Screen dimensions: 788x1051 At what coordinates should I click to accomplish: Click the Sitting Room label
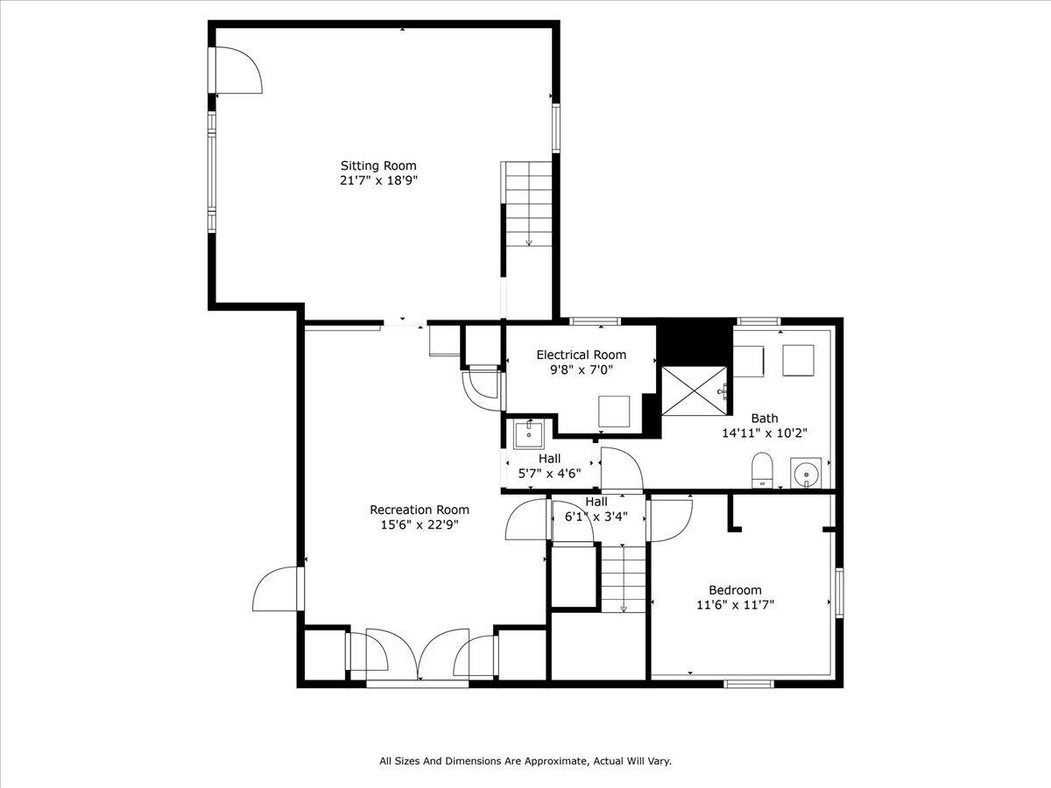click(x=378, y=165)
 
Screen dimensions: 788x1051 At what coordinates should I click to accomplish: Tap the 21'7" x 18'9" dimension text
click(x=378, y=180)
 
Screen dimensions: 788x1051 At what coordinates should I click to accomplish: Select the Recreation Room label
click(x=419, y=510)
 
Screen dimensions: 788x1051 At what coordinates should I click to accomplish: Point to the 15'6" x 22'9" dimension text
click(x=419, y=524)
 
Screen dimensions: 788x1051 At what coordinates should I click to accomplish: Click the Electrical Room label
click(x=581, y=355)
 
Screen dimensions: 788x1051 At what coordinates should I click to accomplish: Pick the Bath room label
click(x=764, y=418)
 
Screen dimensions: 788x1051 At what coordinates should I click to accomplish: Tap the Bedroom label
click(x=735, y=589)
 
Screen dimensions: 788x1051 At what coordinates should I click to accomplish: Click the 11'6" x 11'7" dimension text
click(x=735, y=604)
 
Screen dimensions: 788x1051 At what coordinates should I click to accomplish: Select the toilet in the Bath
click(x=762, y=469)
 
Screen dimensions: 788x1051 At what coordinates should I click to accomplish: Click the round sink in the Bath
click(x=806, y=472)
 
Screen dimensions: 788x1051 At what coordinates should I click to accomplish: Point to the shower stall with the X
click(x=693, y=390)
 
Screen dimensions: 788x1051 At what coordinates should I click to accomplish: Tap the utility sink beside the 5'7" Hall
click(x=529, y=433)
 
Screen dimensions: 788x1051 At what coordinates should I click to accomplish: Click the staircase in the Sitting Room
click(x=528, y=204)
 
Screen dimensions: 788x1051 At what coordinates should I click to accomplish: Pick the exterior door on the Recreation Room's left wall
click(x=277, y=589)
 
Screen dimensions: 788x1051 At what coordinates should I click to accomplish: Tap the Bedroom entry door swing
click(x=670, y=518)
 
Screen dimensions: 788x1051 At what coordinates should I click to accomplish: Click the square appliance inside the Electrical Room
click(x=614, y=411)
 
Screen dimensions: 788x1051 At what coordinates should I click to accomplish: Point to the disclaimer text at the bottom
click(x=525, y=762)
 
